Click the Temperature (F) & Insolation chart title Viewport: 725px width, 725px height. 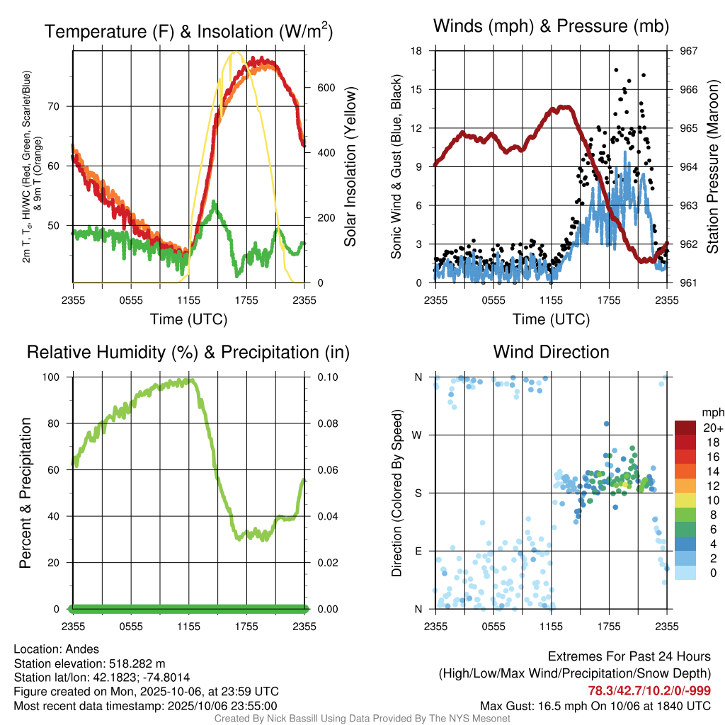coord(188,31)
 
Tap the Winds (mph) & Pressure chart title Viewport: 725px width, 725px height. coord(551,27)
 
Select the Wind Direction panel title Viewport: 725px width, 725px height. coord(551,352)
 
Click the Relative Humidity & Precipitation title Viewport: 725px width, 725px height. coord(188,352)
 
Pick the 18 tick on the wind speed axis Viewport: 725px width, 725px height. coord(417,51)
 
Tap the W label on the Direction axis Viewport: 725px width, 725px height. coord(418,435)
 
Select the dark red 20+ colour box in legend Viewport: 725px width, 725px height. coord(685,428)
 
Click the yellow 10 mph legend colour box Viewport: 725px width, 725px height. coord(685,500)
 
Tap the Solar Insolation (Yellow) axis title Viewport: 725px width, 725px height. coord(350,167)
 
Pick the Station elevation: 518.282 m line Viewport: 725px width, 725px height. coord(89,663)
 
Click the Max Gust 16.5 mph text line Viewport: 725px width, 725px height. coord(595,705)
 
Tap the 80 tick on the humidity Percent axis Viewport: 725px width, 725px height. coord(59,423)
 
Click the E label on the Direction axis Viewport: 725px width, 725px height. coord(418,551)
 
